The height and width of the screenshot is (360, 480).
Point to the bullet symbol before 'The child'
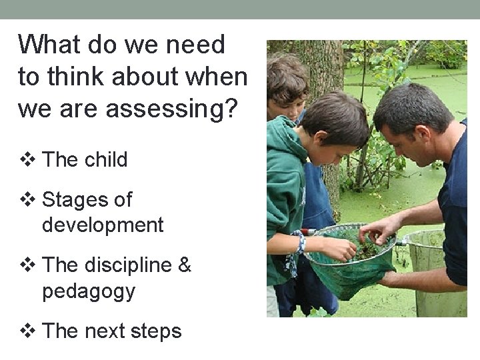coord(27,160)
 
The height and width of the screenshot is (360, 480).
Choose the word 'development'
coord(103,225)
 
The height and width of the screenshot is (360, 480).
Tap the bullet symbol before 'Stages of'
coord(27,199)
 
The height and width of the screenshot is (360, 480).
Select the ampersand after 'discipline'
coord(185,265)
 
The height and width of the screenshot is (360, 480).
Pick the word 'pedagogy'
coord(89,291)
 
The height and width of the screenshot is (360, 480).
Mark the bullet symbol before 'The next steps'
coord(27,331)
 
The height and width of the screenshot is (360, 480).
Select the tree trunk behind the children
coord(327,73)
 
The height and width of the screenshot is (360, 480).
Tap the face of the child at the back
coord(288,100)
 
